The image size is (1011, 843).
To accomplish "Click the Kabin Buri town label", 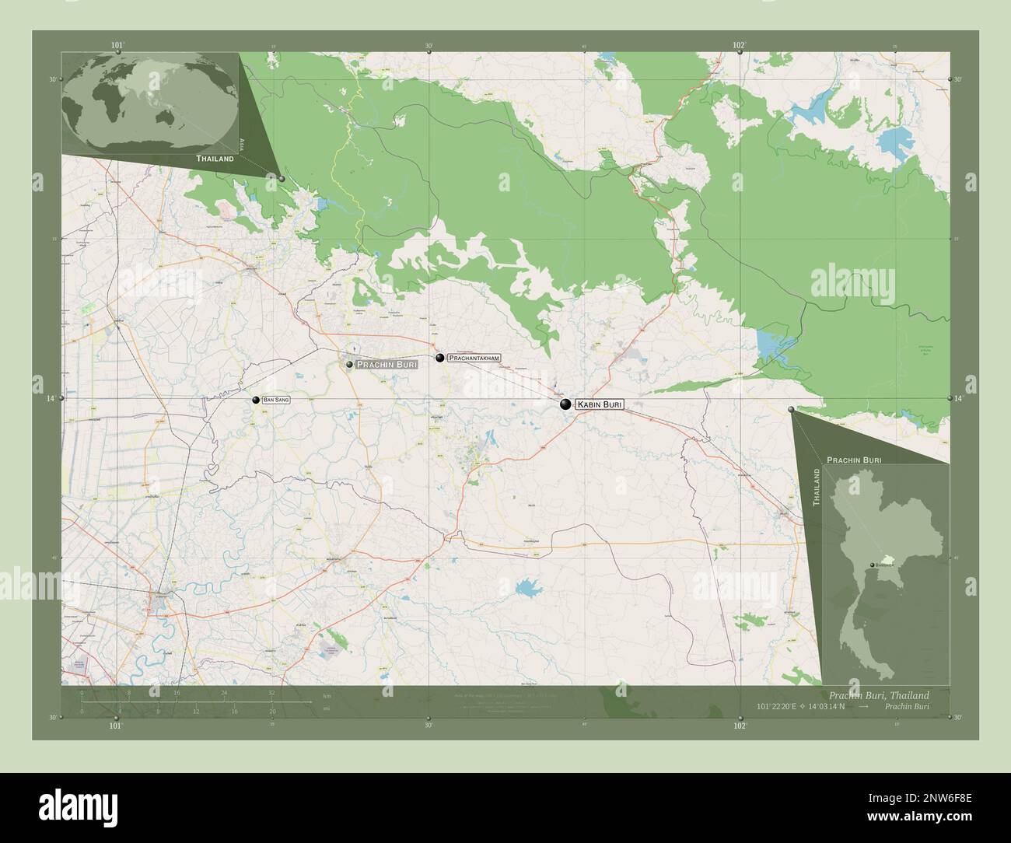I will [x=599, y=404].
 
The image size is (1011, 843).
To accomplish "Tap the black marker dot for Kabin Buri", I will [x=565, y=404].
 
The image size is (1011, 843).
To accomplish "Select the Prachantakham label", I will [x=473, y=358].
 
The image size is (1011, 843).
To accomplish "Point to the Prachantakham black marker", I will [x=440, y=358].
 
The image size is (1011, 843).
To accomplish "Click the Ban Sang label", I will [x=276, y=399].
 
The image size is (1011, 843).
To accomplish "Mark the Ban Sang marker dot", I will [x=255, y=400].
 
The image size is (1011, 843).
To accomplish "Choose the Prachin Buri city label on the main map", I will [x=387, y=364].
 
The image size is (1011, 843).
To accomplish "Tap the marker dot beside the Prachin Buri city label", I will [x=350, y=364].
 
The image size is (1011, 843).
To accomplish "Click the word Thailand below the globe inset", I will [x=215, y=159].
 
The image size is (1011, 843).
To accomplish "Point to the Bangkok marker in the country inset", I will [x=873, y=565].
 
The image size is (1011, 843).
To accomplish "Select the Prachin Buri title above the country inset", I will [x=853, y=460].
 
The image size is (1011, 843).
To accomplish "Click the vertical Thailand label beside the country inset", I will [x=817, y=488].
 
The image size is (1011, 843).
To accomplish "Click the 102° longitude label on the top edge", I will [x=740, y=46].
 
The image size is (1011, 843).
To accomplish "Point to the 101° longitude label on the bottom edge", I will [x=116, y=726].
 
